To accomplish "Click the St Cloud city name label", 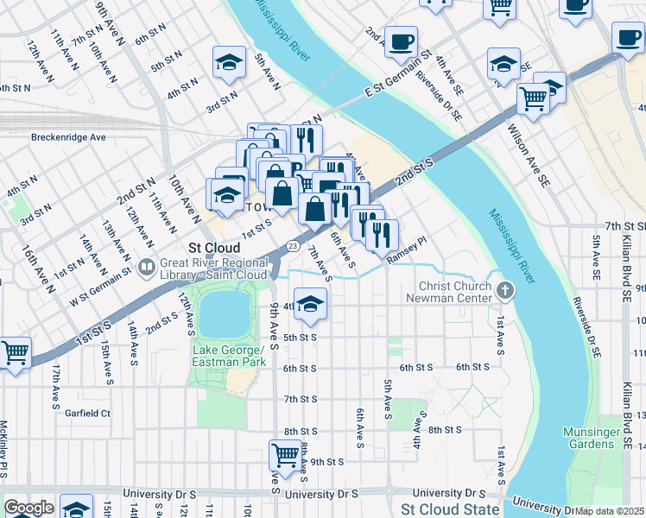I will point(206,246).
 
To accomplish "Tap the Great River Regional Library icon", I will point(146,266).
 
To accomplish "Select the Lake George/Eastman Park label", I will point(227,355).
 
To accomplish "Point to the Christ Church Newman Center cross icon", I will point(505,292).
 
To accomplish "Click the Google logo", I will point(28,508).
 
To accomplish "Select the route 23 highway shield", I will point(294,247).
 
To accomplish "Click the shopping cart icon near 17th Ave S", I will point(15,352).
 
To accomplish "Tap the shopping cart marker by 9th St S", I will point(285,453).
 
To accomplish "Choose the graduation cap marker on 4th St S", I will point(310,302).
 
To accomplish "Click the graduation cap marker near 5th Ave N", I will point(229,62).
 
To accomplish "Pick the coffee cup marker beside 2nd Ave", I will point(400,41).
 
